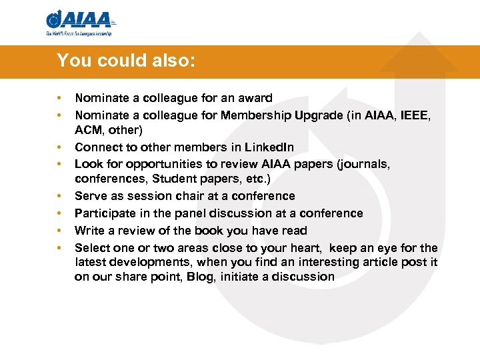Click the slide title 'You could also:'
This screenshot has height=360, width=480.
(x=126, y=61)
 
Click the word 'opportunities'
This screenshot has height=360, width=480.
(x=149, y=164)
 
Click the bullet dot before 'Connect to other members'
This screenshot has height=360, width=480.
(x=59, y=147)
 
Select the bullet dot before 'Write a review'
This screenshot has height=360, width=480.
(x=59, y=231)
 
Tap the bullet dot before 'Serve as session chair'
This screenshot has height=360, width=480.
(x=59, y=196)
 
